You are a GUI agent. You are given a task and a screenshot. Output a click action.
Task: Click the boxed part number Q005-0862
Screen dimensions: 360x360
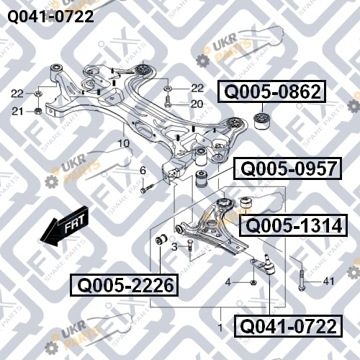tap(271, 91)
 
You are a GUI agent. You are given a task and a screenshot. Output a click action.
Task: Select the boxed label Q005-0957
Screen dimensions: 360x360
tap(287, 168)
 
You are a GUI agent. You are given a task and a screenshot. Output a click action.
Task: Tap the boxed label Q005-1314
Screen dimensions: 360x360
tap(294, 225)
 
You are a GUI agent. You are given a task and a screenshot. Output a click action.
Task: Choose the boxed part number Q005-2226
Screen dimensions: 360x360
tap(124, 285)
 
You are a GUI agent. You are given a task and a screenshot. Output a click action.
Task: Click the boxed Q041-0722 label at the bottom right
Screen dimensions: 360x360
tap(288, 326)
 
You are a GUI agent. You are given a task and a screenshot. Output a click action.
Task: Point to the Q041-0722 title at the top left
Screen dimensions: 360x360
tap(50, 17)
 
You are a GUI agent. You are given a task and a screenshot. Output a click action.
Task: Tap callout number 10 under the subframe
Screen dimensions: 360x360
tap(124, 143)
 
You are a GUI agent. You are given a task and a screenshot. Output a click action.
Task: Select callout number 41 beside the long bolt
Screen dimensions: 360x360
tap(328, 281)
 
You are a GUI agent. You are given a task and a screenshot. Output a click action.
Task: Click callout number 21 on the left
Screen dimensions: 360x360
tap(17, 112)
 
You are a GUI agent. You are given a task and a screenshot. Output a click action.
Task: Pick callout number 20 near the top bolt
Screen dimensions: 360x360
tap(197, 104)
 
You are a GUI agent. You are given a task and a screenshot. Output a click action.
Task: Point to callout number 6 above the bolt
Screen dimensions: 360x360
tap(143, 171)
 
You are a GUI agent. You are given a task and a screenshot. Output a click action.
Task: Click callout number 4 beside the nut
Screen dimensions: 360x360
tap(228, 282)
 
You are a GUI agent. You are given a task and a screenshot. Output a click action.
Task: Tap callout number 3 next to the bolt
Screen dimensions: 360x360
tap(174, 247)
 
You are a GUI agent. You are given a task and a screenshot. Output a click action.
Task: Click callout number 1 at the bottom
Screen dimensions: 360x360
tap(220, 328)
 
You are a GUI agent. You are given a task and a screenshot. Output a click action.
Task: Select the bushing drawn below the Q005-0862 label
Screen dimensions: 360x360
tap(262, 120)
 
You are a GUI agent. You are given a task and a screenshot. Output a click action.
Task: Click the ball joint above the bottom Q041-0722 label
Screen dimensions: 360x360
tap(268, 265)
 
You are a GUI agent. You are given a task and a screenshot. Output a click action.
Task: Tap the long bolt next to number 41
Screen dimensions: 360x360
tap(302, 279)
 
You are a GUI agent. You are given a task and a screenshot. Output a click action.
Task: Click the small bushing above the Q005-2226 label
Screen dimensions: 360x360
tap(161, 240)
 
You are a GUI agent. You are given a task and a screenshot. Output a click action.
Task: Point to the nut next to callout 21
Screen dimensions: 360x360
tap(38, 111)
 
